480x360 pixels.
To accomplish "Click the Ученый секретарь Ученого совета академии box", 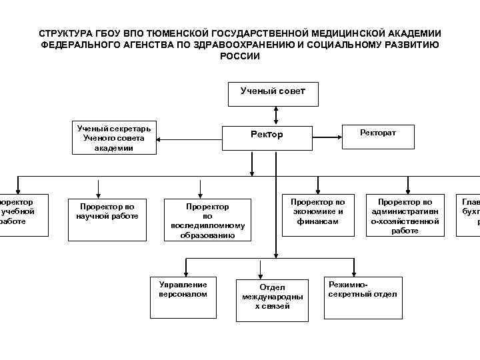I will pyautogui.click(x=114, y=139).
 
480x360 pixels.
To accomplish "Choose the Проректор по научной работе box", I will pyautogui.click(x=107, y=215).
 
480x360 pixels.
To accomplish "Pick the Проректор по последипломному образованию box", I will pyautogui.click(x=207, y=220).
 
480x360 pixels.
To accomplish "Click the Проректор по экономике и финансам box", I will pyautogui.click(x=317, y=215).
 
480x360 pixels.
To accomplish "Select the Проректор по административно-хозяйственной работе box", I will pyautogui.click(x=405, y=215).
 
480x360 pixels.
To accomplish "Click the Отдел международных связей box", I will pyautogui.click(x=272, y=297).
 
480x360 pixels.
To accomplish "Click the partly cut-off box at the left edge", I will pyautogui.click(x=23, y=215).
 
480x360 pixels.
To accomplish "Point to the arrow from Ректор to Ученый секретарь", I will pyautogui.click(x=190, y=139).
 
